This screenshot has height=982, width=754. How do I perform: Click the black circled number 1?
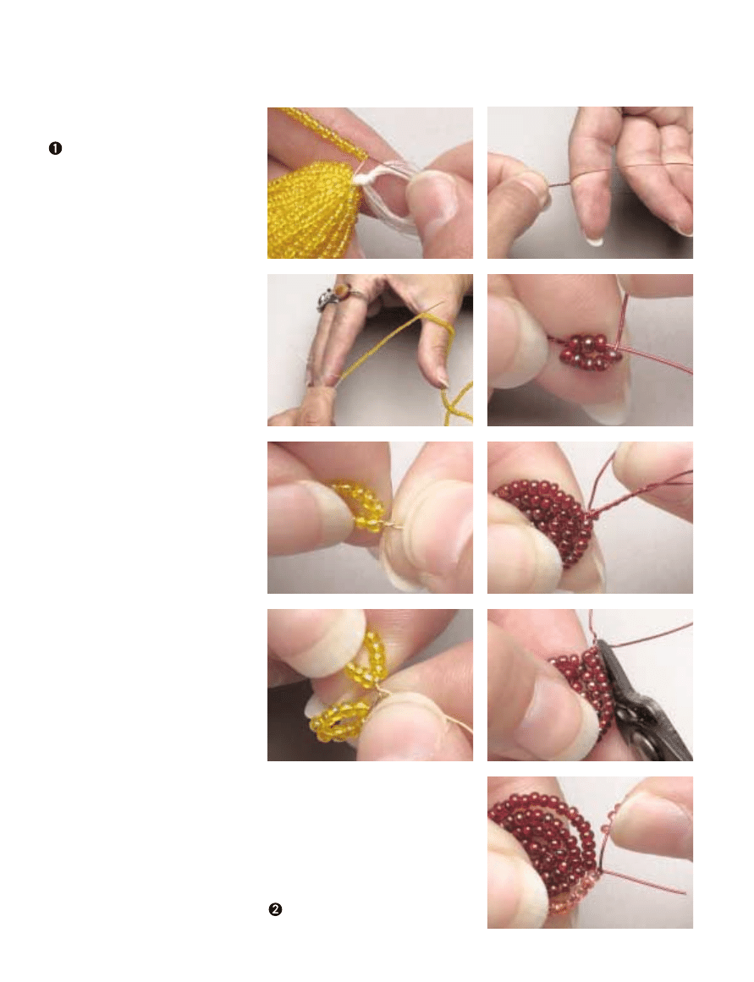coord(55,148)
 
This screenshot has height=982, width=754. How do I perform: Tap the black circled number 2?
coord(275,909)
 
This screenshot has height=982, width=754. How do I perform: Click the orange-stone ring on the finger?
coord(333,295)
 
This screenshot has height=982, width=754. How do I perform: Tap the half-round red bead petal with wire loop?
coord(545,520)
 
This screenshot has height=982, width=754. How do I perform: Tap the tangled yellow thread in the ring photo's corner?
coord(458,404)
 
